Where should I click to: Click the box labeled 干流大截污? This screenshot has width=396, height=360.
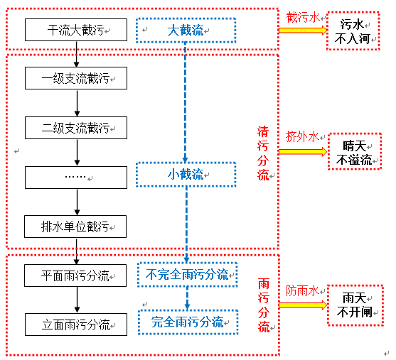pyautogui.click(x=75, y=31)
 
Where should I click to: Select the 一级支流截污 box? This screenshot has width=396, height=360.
pyautogui.click(x=75, y=78)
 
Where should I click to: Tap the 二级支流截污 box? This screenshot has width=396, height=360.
pyautogui.click(x=75, y=128)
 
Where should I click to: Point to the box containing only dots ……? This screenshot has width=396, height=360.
pyautogui.click(x=75, y=176)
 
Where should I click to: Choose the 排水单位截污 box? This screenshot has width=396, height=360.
pyautogui.click(x=75, y=227)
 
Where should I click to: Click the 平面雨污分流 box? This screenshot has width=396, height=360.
pyautogui.click(x=75, y=276)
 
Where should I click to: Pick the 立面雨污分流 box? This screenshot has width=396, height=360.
pyautogui.click(x=75, y=324)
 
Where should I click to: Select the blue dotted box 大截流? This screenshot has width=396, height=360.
pyautogui.click(x=185, y=31)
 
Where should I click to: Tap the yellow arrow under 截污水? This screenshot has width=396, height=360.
pyautogui.click(x=302, y=31)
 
